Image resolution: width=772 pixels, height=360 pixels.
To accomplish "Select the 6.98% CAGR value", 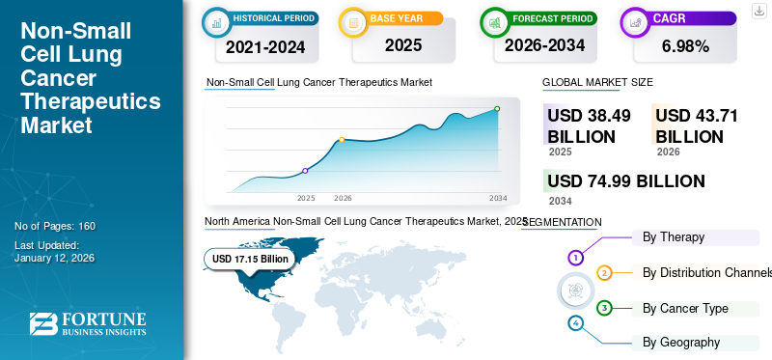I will (x=686, y=45).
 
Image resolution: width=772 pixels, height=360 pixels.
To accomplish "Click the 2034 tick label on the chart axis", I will (x=498, y=198).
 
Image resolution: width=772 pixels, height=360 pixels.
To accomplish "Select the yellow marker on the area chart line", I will (x=342, y=140).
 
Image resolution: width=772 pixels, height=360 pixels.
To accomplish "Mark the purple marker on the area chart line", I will (x=306, y=171).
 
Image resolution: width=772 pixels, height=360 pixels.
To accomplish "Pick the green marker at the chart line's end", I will (x=497, y=109).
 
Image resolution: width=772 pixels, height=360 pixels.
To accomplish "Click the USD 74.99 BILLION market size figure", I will (x=625, y=180).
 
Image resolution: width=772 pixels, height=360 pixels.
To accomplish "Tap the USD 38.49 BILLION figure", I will (x=588, y=125).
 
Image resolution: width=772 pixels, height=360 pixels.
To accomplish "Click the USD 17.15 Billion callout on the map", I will (x=250, y=259).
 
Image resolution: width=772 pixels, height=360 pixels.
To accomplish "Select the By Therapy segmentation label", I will (x=674, y=236).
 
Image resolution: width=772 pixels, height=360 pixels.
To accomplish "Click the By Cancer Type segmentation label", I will (x=685, y=308).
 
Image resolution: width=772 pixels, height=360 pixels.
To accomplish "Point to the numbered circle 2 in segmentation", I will (x=604, y=273).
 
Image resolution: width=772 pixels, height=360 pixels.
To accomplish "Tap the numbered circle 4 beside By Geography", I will (x=576, y=323).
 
